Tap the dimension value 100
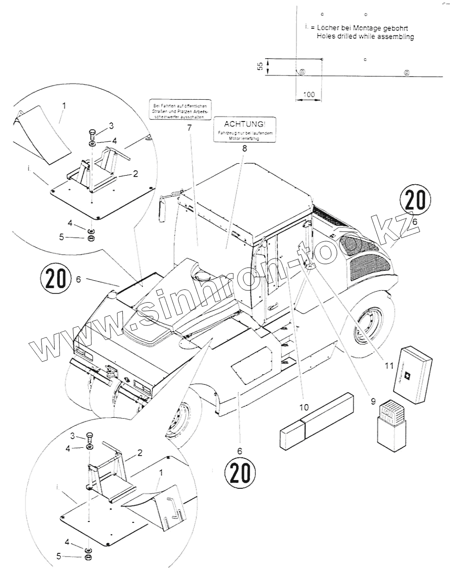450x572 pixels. (x=309, y=95)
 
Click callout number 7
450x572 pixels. (x=188, y=128)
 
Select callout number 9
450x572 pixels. (x=373, y=401)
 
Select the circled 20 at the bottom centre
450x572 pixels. (x=239, y=473)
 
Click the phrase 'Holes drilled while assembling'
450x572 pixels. (x=365, y=37)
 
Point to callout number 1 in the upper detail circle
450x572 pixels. (x=64, y=105)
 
